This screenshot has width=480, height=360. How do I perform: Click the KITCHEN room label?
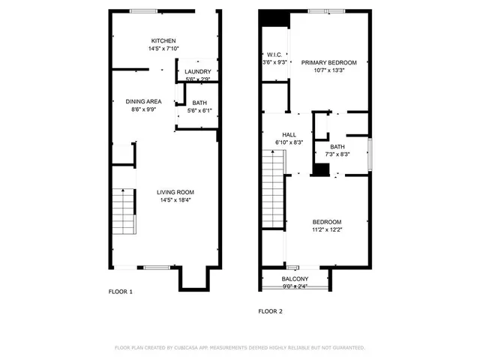pyautogui.click(x=164, y=41)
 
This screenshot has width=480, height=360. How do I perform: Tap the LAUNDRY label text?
pyautogui.click(x=199, y=72)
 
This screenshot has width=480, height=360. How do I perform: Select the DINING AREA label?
pyautogui.click(x=143, y=101)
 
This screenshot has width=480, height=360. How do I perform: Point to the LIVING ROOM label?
pyautogui.click(x=175, y=192)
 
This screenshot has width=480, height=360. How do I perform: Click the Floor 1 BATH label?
pyautogui.click(x=199, y=103)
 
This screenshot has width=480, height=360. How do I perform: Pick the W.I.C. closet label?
pyautogui.click(x=274, y=55)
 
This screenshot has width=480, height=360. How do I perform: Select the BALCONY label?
pyautogui.click(x=295, y=278)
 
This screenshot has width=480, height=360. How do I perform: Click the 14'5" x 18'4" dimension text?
pyautogui.click(x=175, y=200)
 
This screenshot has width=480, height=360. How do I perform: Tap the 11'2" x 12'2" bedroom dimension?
pyautogui.click(x=326, y=229)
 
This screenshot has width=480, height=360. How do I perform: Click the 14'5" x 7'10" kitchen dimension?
pyautogui.click(x=164, y=49)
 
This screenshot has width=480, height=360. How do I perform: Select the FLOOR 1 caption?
pyautogui.click(x=120, y=292)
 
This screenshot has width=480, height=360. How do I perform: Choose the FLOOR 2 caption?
pyautogui.click(x=271, y=310)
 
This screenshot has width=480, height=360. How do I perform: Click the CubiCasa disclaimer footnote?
pyautogui.click(x=239, y=348)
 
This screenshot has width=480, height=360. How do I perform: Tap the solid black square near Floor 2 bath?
pyautogui.click(x=320, y=169)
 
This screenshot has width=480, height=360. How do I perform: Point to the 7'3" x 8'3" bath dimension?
pyautogui.click(x=337, y=154)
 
